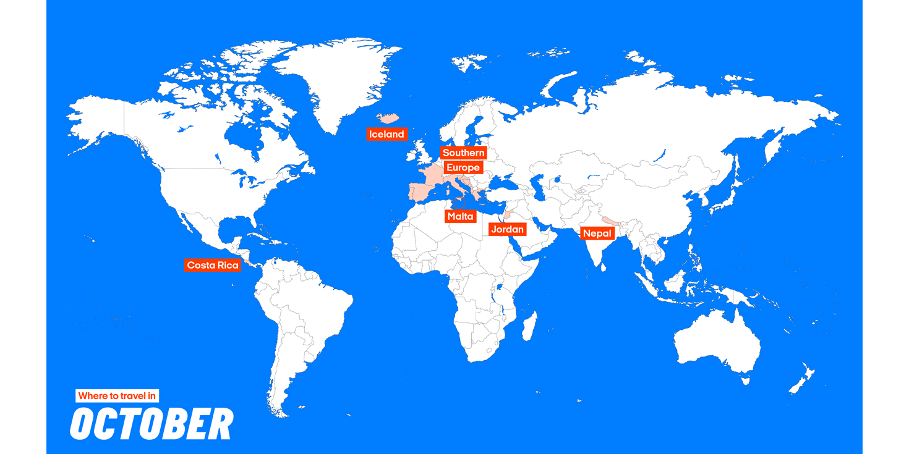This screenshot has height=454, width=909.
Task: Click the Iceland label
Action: pos(386,134)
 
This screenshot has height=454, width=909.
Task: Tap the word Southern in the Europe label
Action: pos(463,153)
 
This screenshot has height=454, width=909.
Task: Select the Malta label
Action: pos(460,217)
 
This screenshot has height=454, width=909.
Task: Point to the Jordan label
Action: pos(507,230)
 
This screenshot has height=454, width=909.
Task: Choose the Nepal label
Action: pos(597,233)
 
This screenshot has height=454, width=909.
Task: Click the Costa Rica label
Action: pos(212,265)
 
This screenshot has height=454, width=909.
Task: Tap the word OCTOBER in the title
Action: pos(151,424)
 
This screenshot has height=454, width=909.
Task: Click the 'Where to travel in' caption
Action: pos(117,396)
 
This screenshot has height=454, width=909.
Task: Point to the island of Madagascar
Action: pos(529,326)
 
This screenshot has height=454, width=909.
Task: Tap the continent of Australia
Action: pos(717,340)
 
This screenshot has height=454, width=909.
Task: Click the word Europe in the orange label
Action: pos(463,167)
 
